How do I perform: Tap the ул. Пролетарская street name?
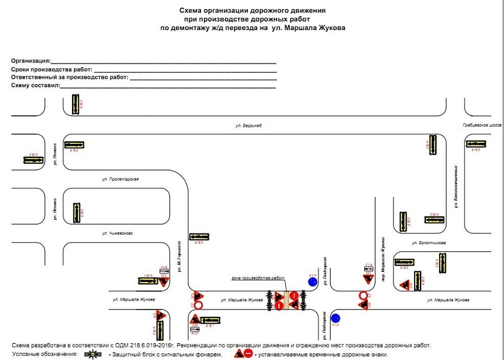point(120,179)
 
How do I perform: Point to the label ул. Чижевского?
point(117,233)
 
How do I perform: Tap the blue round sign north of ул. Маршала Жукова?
point(312,281)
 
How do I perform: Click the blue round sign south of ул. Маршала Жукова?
point(335,318)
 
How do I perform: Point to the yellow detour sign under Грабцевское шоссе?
point(476,144)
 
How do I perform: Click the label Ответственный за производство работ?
point(70,77)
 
